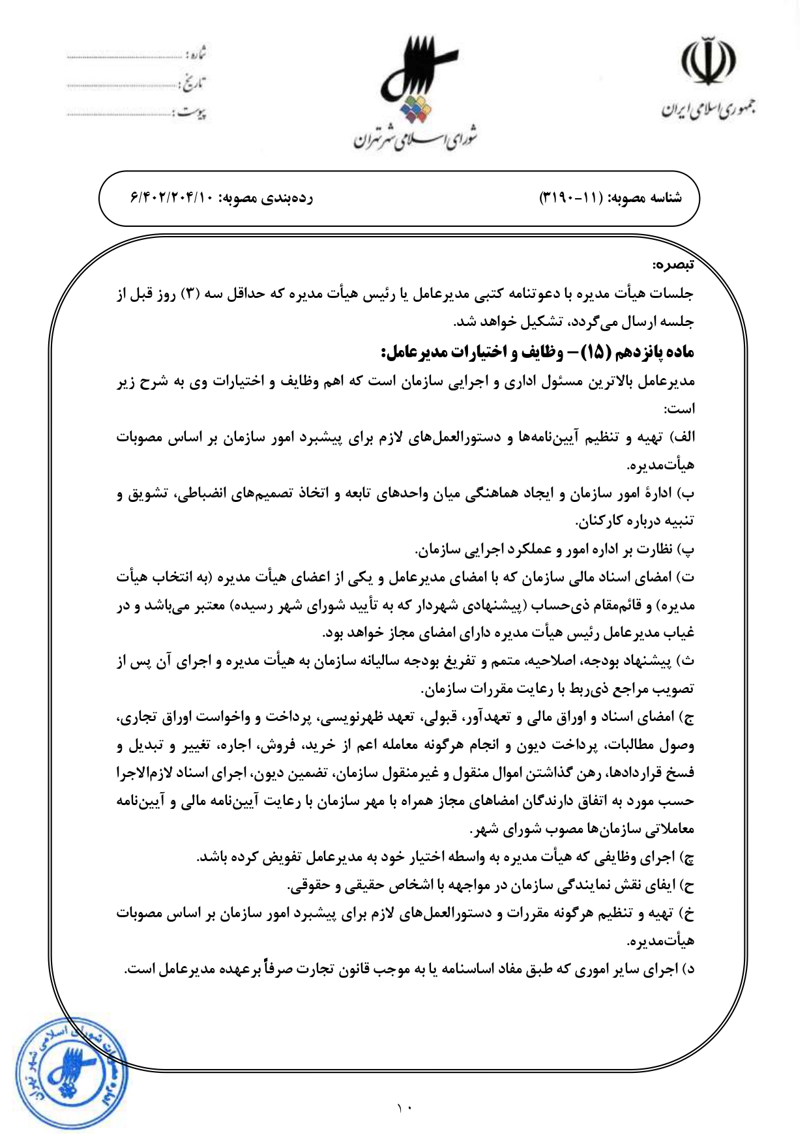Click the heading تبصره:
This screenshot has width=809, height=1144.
[x=674, y=265]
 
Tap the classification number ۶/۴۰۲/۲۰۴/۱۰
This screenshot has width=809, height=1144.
[x=172, y=198]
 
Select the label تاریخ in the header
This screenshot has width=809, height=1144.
[x=193, y=83]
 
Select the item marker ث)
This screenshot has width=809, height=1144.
[x=687, y=661]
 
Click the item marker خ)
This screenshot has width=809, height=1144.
[x=687, y=913]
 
